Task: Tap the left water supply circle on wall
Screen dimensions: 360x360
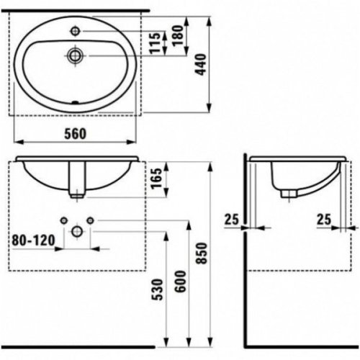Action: pyautogui.click(x=63, y=219)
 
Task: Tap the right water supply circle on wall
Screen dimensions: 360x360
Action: pyautogui.click(x=89, y=219)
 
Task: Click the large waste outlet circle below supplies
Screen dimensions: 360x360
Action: pyautogui.click(x=76, y=231)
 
